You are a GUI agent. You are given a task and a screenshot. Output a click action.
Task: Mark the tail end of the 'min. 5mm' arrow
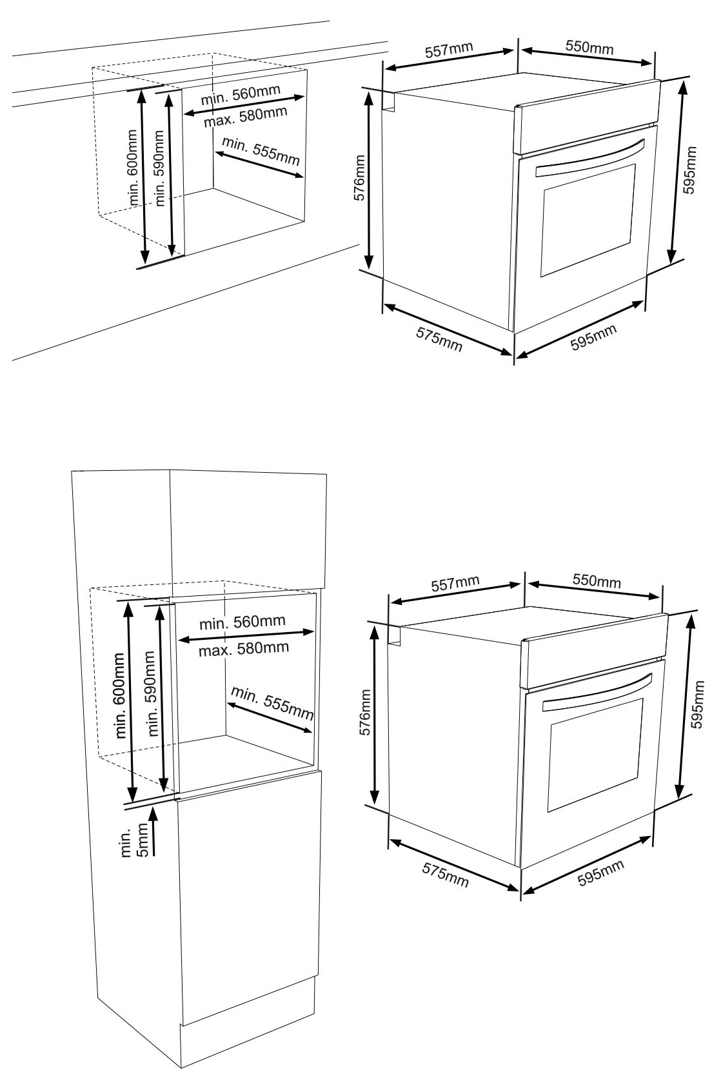coord(153,856)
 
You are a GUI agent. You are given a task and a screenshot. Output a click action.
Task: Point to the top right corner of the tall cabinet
coord(326,475)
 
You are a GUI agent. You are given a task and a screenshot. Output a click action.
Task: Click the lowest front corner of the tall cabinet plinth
coord(181,1067)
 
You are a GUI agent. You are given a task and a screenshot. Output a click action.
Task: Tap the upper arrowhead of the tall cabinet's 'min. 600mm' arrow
coord(128,608)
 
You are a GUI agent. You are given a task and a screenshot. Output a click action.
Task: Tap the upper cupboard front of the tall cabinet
coord(248,530)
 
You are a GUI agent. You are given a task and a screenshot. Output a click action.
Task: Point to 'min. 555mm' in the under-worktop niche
coord(261,150)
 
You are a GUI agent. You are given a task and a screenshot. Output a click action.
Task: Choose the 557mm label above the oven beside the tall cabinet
coord(455,584)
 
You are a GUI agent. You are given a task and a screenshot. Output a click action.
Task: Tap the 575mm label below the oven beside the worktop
coord(439,339)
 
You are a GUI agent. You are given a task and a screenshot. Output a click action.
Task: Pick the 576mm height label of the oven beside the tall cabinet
coord(365,712)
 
